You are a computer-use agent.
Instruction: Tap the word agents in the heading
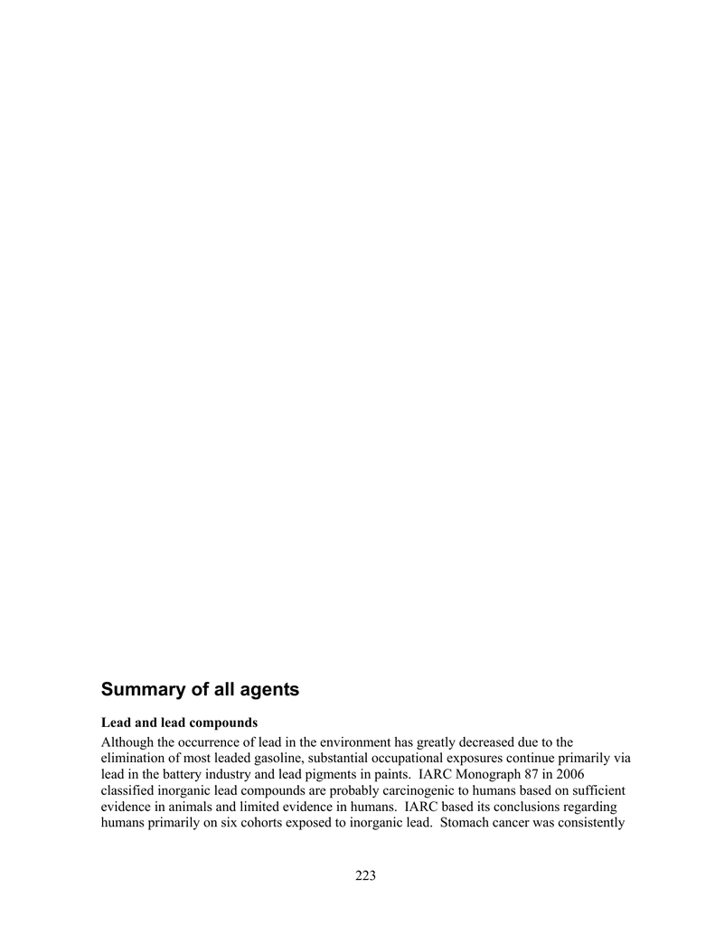click(268, 690)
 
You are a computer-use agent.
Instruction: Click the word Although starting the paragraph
click(127, 742)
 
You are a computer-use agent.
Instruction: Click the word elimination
click(132, 760)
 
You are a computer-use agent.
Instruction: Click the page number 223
click(365, 874)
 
